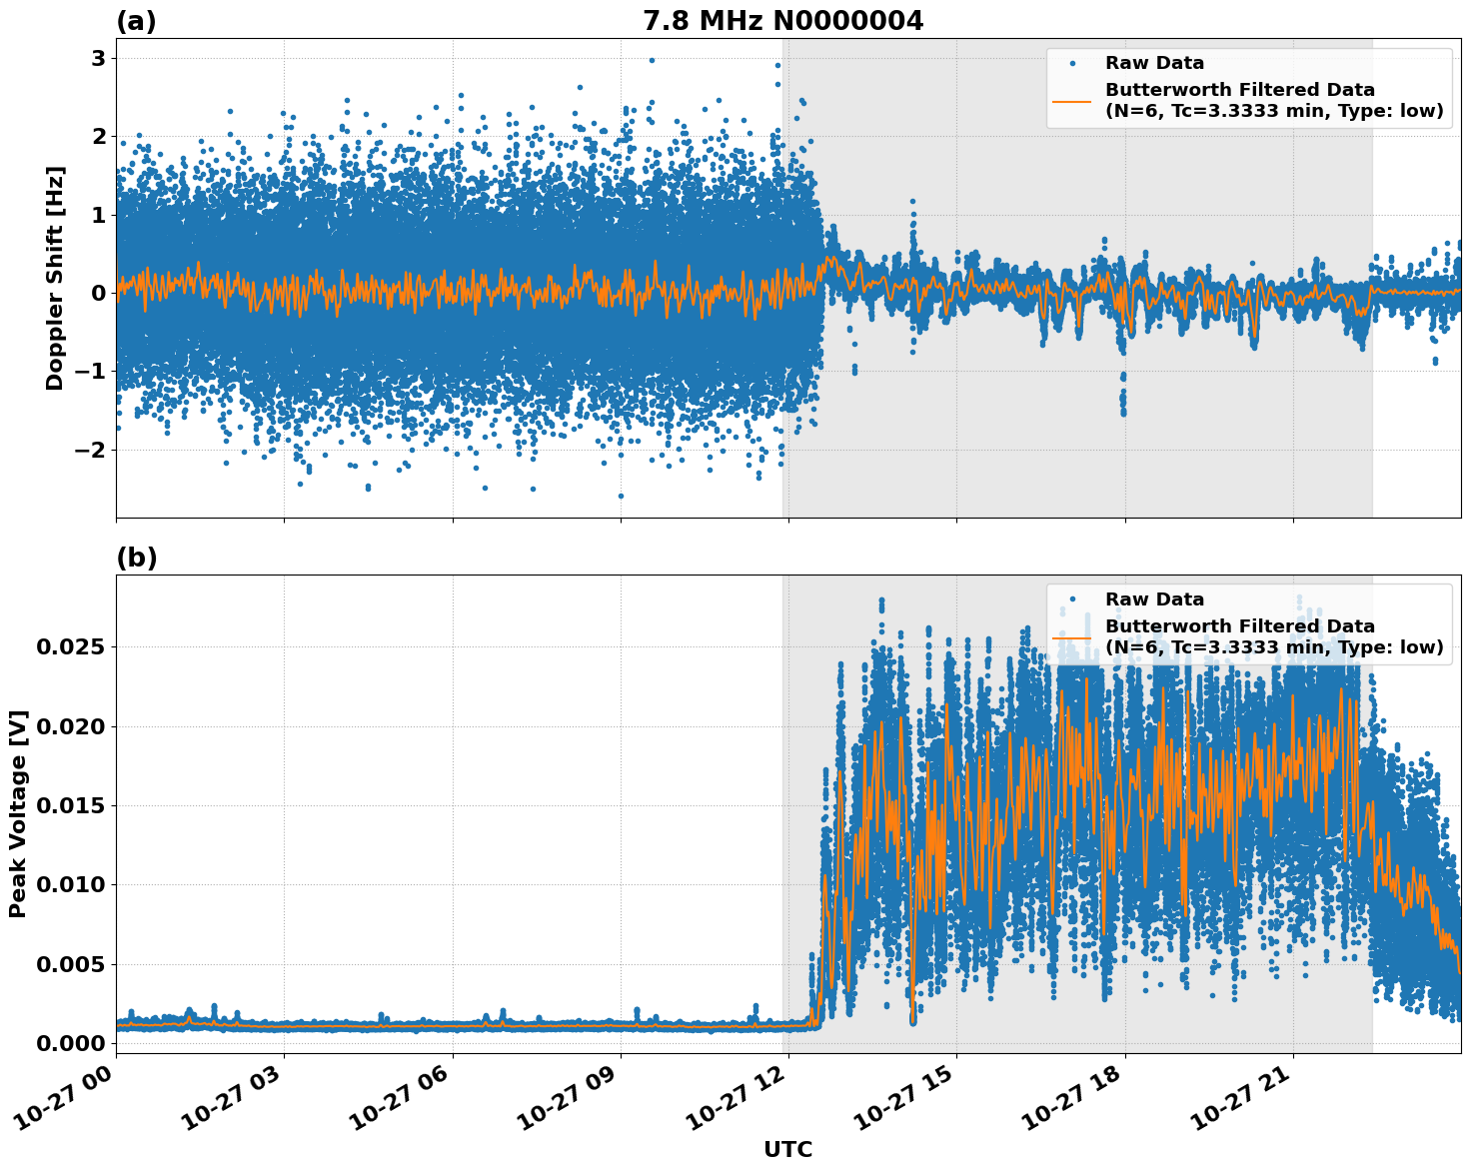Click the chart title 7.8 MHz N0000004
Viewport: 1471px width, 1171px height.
[x=782, y=21]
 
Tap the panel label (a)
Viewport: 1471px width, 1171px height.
[x=136, y=21]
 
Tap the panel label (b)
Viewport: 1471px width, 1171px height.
[x=136, y=558]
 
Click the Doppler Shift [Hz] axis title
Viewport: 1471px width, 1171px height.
[x=55, y=278]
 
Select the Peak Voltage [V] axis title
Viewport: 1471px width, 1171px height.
[x=18, y=813]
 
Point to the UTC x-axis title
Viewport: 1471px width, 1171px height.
[x=787, y=1149]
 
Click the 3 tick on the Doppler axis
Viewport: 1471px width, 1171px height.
[x=98, y=58]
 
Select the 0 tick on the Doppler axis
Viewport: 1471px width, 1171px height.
[x=98, y=293]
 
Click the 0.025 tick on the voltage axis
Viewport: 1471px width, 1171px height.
[x=69, y=646]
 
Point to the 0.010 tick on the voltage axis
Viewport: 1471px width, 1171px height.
[x=69, y=884]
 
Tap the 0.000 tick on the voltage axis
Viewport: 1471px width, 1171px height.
[x=69, y=1043]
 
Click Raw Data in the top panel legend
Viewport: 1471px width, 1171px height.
[x=1154, y=63]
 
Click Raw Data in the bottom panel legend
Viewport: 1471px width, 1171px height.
[x=1154, y=599]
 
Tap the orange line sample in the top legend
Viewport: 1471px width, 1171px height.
[x=1072, y=100]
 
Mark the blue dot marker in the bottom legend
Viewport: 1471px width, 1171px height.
[x=1072, y=599]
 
